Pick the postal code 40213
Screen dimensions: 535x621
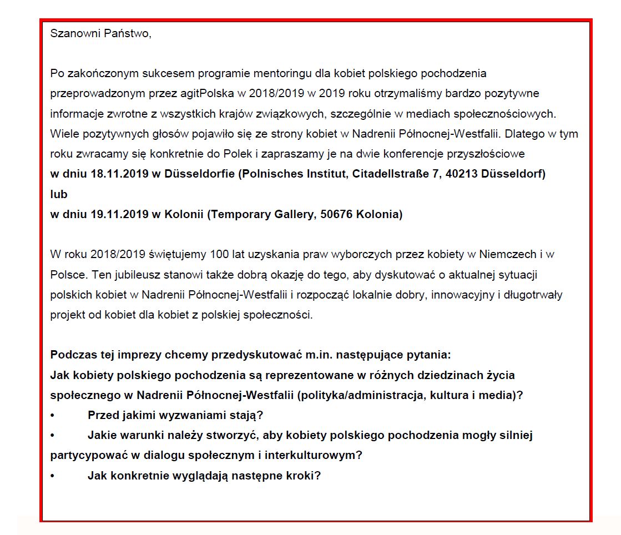click(x=451, y=174)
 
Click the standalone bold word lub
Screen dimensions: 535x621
click(x=58, y=194)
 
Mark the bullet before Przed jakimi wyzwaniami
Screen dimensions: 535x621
click(x=53, y=415)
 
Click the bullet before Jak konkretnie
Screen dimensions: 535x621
click(x=53, y=476)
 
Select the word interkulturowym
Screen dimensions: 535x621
click(x=314, y=456)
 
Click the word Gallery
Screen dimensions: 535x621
click(x=287, y=215)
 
